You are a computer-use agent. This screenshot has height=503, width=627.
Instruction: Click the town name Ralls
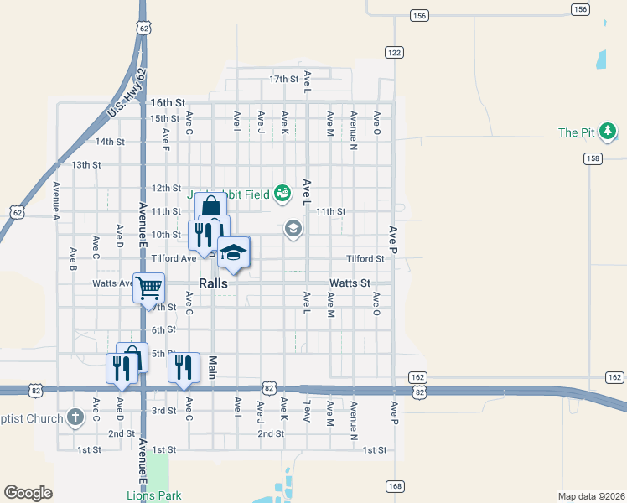tap(213, 283)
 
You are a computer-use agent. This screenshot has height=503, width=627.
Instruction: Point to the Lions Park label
tap(148, 495)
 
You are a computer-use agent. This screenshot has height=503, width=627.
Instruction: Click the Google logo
tap(28, 493)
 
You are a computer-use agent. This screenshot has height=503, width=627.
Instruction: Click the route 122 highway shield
tap(394, 52)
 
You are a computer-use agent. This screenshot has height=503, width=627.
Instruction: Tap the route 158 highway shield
tap(593, 158)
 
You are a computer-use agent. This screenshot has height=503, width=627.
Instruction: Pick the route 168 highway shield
tap(394, 486)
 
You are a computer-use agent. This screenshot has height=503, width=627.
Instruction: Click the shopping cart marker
tap(148, 288)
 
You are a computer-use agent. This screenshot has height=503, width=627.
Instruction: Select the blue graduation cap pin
tap(234, 251)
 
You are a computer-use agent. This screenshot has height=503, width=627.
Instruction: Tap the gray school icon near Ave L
tap(293, 228)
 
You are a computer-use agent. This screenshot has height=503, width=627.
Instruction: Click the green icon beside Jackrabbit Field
tap(282, 194)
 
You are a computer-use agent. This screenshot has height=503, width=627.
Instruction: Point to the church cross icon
tap(75, 417)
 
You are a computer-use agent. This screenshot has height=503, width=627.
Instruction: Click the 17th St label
tap(284, 79)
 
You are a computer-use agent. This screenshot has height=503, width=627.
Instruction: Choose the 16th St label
tap(167, 102)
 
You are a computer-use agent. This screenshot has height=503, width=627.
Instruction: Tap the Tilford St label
tap(366, 259)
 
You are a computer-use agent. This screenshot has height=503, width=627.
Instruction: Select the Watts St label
tap(350, 283)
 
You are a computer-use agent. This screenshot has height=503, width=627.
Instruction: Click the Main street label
tap(213, 366)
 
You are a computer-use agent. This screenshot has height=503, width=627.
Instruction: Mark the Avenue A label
tap(56, 200)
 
